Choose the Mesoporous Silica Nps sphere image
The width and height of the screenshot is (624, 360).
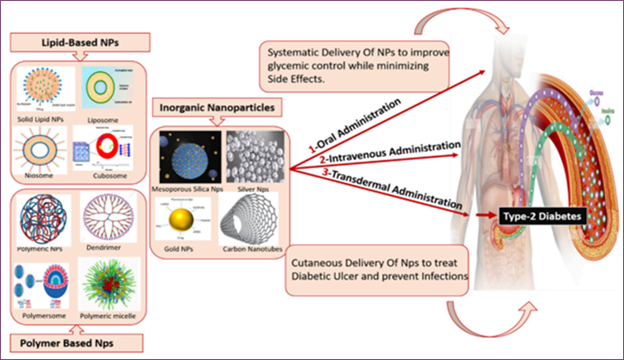coord(186,158)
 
